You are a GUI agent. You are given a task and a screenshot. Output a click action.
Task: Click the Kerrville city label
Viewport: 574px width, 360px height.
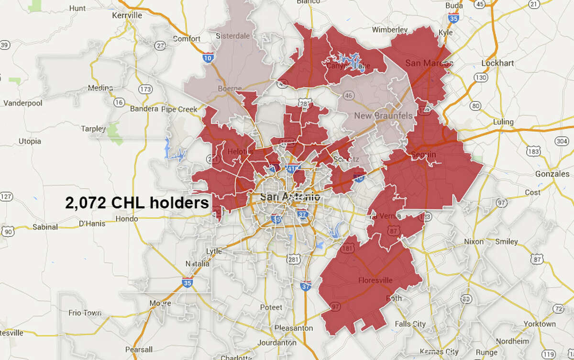pos(113,15)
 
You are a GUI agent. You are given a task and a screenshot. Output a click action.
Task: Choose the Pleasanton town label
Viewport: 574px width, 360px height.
pos(294,328)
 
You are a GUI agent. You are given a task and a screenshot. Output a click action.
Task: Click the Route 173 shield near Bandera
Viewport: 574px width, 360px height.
pos(145,90)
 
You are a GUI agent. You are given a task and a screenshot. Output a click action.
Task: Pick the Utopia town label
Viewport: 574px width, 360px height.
pos(30,141)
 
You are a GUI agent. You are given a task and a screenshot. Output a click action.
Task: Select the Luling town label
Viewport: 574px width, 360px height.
pos(502,122)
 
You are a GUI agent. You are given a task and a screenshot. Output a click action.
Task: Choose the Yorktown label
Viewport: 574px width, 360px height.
pos(539,324)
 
